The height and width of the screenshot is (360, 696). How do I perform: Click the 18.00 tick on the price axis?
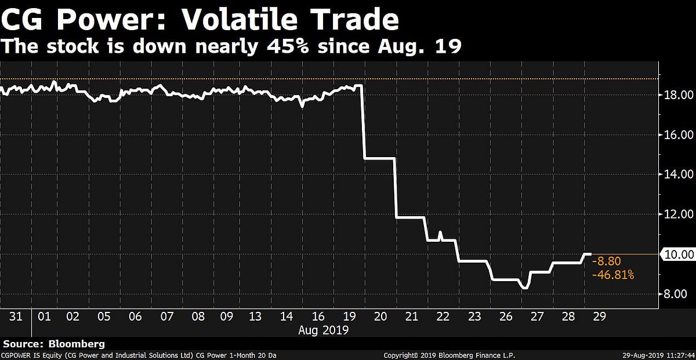coord(678,94)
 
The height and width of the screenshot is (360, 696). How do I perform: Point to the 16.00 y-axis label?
coord(678,134)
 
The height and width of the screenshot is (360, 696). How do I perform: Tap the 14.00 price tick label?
coord(678,174)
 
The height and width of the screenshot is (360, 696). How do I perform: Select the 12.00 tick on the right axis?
coord(678,214)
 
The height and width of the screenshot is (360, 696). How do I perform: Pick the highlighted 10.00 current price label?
coord(678,254)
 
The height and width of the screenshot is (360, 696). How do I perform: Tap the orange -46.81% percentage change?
coord(612,275)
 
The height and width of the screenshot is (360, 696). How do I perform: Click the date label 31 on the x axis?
coord(16,317)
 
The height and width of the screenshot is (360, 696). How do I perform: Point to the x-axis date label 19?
coord(349,317)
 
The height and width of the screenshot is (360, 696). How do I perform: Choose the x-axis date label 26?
coord(506,317)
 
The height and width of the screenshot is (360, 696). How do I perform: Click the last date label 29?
coord(600,317)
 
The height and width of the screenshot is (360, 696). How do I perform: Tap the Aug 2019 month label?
coord(323,330)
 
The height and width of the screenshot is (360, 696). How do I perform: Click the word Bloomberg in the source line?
coord(72,344)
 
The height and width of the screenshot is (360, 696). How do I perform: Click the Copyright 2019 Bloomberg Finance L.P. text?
coord(449,355)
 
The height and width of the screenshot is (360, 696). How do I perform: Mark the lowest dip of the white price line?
coord(524,288)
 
